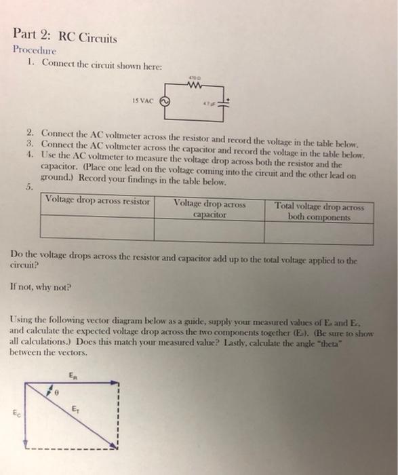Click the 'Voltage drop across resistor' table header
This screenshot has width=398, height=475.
pos(98,202)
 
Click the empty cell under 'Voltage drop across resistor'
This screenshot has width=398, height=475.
pos(98,229)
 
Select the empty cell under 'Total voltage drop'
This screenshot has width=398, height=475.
pos(319,231)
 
